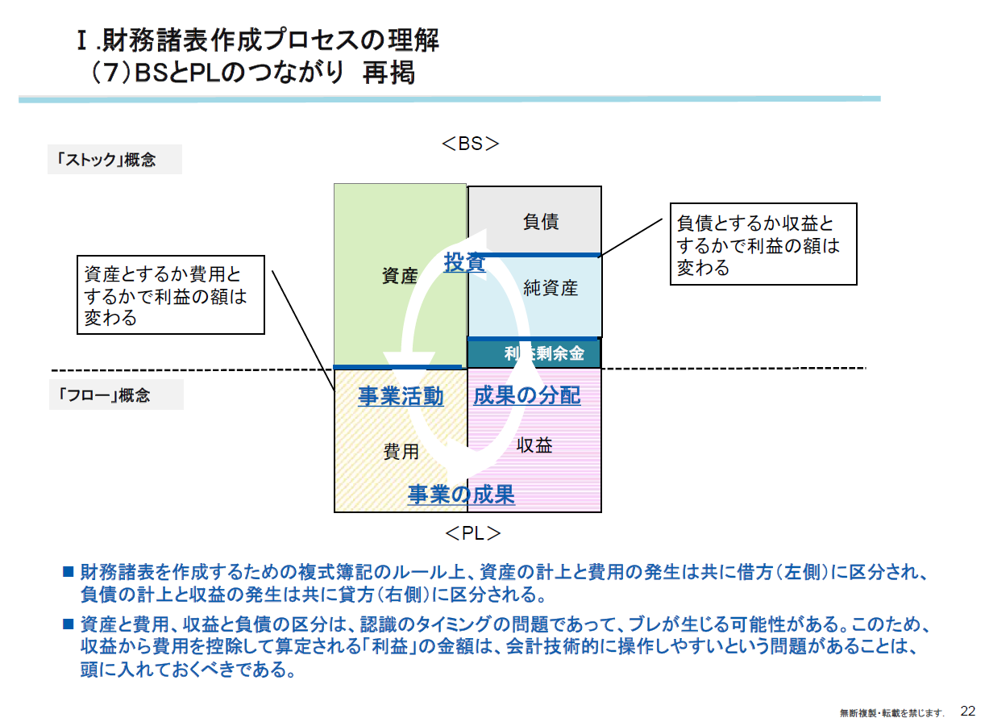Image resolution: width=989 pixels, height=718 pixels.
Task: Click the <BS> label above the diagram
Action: pyautogui.click(x=471, y=144)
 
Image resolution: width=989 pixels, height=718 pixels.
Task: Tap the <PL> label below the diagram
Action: pyautogui.click(x=472, y=533)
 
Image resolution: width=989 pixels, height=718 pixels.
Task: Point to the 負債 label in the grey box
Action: pyautogui.click(x=541, y=221)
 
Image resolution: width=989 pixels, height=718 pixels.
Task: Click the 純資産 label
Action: pyautogui.click(x=551, y=287)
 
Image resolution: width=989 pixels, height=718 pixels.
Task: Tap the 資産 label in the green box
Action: pyautogui.click(x=400, y=276)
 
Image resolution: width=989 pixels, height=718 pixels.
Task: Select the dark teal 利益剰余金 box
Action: pyautogui.click(x=534, y=353)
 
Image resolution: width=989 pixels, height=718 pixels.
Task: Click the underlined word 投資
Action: pyautogui.click(x=464, y=262)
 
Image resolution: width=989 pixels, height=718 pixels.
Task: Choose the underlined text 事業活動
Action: pyautogui.click(x=401, y=396)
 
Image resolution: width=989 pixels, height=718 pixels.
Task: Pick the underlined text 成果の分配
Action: pyautogui.click(x=526, y=395)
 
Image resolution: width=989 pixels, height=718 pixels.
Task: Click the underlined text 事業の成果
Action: pyautogui.click(x=461, y=494)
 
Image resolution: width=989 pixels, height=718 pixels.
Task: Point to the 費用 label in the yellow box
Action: pyautogui.click(x=401, y=452)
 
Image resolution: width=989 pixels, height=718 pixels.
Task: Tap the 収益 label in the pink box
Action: pyautogui.click(x=534, y=445)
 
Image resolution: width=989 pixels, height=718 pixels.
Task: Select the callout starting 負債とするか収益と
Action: pyautogui.click(x=763, y=244)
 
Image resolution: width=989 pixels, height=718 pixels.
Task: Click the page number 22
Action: pyautogui.click(x=968, y=710)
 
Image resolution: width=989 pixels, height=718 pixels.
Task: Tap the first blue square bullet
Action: pyautogui.click(x=68, y=573)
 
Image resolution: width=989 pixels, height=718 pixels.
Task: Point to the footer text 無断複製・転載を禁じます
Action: pyautogui.click(x=891, y=712)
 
